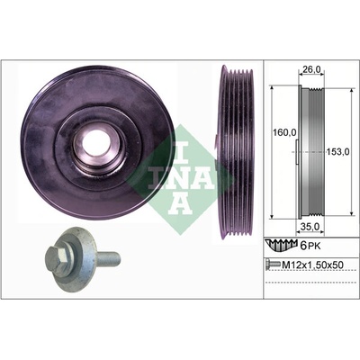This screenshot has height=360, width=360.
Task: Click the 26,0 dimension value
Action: point(311,69)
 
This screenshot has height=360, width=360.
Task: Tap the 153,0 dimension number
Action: point(337,152)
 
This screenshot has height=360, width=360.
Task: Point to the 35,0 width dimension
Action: point(310,227)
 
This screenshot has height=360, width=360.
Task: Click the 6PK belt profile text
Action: point(310,247)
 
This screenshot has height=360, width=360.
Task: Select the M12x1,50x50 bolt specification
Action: point(312,265)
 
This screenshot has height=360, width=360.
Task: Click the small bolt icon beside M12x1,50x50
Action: point(273,265)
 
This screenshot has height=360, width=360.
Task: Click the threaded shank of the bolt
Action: point(109,258)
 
